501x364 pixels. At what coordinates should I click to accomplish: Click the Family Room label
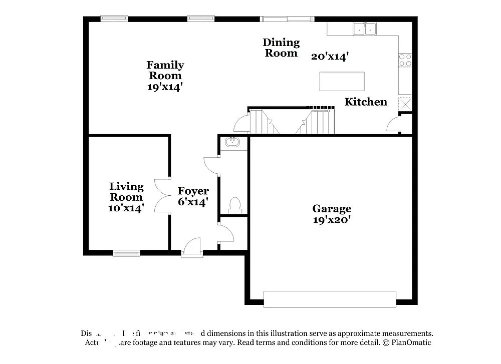[x=165, y=70]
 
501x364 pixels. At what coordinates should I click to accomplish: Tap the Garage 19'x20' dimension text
[x=332, y=219]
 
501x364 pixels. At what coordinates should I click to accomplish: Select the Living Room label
[x=126, y=192]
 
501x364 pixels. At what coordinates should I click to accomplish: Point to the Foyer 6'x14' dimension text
[x=193, y=202]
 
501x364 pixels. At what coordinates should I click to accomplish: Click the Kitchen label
[x=366, y=102]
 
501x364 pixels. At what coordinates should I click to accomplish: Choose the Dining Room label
[x=281, y=48]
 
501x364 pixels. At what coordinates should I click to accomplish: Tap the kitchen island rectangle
[x=342, y=81]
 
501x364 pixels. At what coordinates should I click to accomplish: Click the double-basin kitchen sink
[x=365, y=30]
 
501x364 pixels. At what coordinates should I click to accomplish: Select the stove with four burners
[x=405, y=60]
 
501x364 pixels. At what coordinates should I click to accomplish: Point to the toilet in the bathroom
[x=234, y=204]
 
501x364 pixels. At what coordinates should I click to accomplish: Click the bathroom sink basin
[x=232, y=142]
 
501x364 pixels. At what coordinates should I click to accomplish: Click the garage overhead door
[x=330, y=299]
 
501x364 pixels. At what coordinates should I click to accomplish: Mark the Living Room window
[x=126, y=253]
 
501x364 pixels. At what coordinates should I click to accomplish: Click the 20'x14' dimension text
[x=330, y=57]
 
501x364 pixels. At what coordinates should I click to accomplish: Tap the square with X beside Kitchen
[x=405, y=104]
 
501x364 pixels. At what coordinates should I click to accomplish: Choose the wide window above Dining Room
[x=287, y=20]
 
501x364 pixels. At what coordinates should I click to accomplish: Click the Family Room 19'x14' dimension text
[x=165, y=86]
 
